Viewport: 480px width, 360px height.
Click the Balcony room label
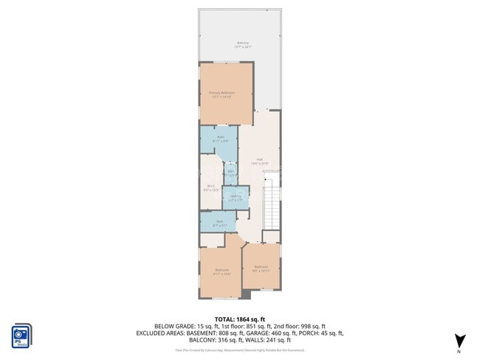click(243, 45)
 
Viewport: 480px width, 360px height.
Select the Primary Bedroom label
click(226, 94)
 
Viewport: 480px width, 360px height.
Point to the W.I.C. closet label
click(211, 187)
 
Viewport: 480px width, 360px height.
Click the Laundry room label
click(235, 197)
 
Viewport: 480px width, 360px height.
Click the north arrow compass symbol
click(461, 340)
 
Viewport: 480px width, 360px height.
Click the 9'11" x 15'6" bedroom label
click(222, 272)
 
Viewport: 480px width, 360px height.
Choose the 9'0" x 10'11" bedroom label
click(261, 268)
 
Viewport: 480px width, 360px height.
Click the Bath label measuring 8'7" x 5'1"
click(219, 222)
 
